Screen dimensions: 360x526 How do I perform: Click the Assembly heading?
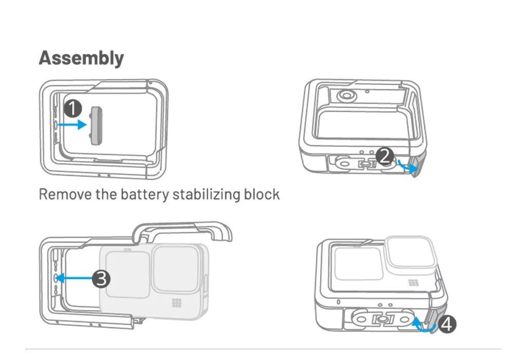click(81, 58)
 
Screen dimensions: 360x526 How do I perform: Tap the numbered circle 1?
click(73, 108)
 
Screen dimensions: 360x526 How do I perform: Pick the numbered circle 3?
click(101, 278)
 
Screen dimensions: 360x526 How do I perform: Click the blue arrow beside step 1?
click(72, 124)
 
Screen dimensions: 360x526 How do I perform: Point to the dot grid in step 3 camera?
click(177, 303)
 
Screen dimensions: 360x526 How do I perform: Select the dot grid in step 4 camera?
click(413, 283)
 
